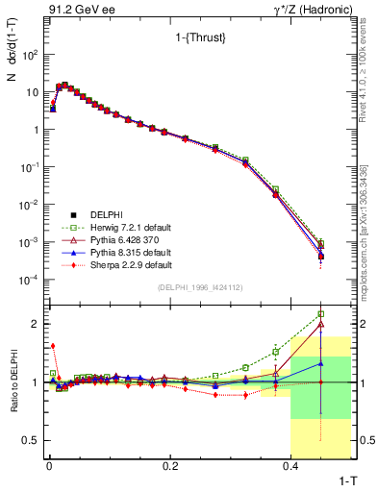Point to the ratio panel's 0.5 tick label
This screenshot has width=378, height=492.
coord(31,440)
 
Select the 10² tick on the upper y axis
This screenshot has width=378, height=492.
coord(30,55)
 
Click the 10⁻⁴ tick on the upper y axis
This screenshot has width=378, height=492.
coord(30,280)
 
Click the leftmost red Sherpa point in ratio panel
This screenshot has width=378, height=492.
coord(53,346)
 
